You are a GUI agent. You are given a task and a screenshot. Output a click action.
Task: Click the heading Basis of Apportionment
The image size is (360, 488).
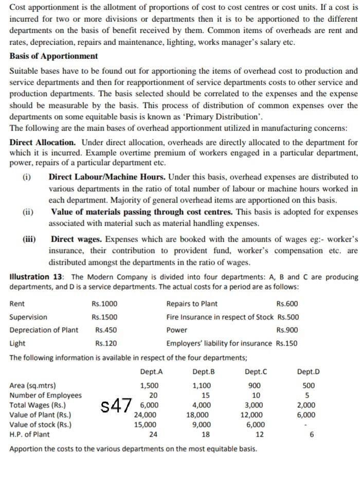pos(53,56)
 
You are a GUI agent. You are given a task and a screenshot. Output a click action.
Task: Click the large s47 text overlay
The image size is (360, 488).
pos(117,405)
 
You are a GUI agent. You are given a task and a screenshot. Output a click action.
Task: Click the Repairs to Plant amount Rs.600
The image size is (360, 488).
pos(287,304)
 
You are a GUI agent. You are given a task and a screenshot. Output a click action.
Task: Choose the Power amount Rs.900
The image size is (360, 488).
pos(287,330)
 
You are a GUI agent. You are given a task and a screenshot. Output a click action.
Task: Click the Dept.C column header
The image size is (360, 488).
pos(256,372)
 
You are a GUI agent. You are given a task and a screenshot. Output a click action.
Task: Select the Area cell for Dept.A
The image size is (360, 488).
pos(149,386)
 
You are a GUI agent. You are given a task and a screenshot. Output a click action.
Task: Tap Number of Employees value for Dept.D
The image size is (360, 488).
pos(307,395)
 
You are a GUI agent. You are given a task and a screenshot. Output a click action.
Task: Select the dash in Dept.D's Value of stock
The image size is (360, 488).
pos(307,425)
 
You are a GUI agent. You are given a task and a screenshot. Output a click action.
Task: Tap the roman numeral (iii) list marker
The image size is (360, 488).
pos(29,239)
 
